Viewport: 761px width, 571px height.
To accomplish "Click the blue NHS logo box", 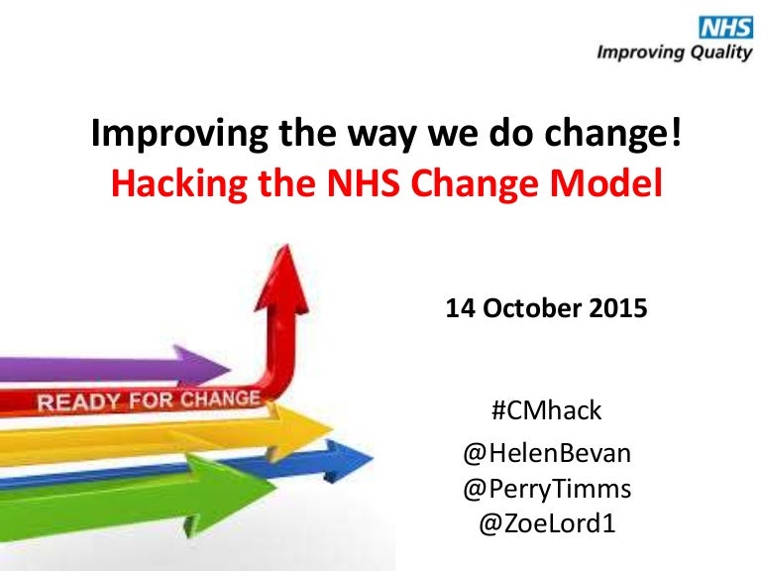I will point(725,27).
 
